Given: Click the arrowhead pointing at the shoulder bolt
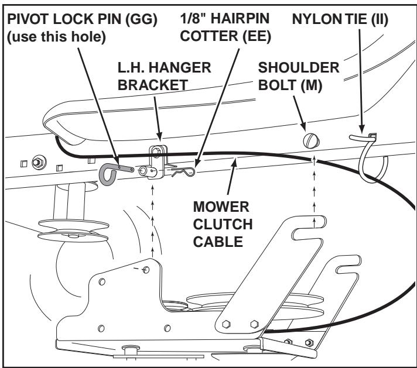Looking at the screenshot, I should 305,128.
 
